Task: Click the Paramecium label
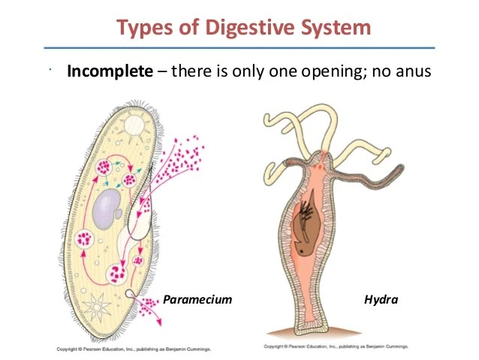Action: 197,299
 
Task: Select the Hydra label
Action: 381,299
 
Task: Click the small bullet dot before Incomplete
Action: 47,71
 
